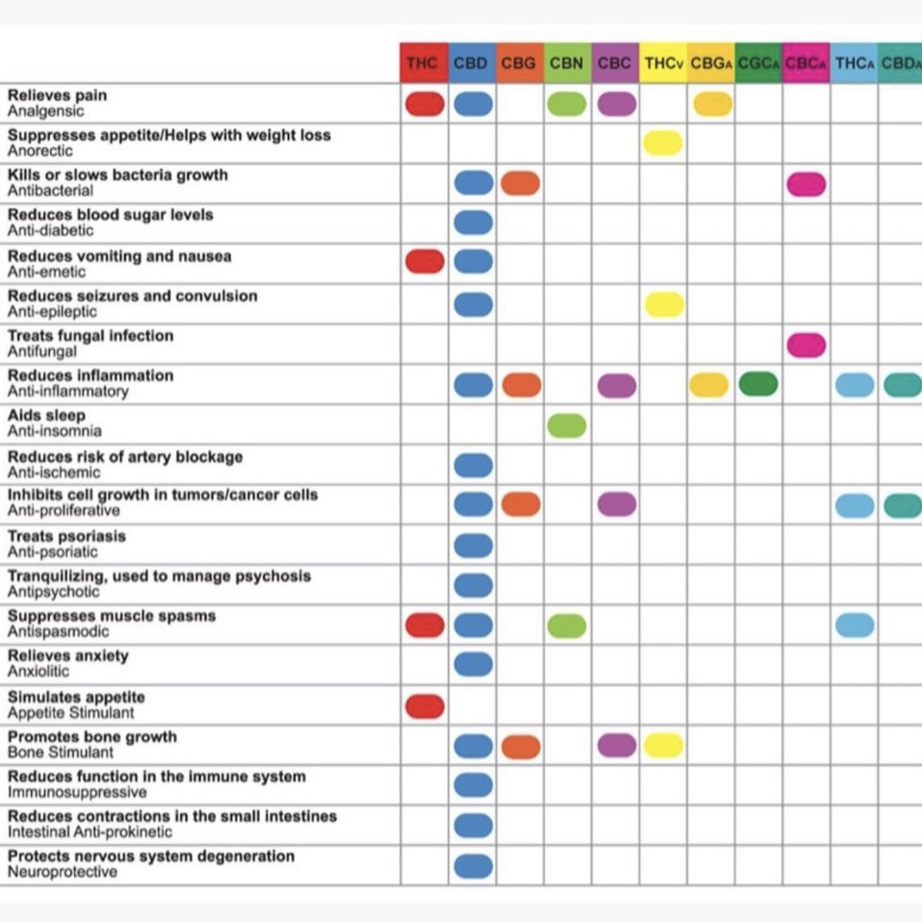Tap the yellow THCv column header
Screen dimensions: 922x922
click(663, 63)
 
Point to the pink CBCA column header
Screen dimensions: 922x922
click(807, 63)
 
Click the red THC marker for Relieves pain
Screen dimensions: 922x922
click(424, 104)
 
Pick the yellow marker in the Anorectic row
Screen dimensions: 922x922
click(663, 143)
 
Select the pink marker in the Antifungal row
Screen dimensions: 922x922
click(807, 346)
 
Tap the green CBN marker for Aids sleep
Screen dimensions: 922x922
click(567, 425)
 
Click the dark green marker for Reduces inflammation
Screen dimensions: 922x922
click(758, 385)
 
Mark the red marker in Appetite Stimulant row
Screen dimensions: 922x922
click(424, 706)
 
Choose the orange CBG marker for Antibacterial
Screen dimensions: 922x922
click(521, 183)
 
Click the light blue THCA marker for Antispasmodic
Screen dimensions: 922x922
click(855, 625)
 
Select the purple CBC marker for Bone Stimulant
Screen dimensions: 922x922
click(617, 746)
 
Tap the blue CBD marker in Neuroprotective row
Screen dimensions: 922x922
click(474, 866)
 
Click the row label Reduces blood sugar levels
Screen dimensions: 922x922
click(110, 215)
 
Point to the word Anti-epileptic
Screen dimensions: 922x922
click(52, 312)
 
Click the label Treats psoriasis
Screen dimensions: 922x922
click(66, 536)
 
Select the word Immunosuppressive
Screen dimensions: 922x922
click(77, 792)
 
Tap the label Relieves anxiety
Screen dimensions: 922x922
click(68, 655)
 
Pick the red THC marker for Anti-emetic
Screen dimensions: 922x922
click(424, 262)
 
